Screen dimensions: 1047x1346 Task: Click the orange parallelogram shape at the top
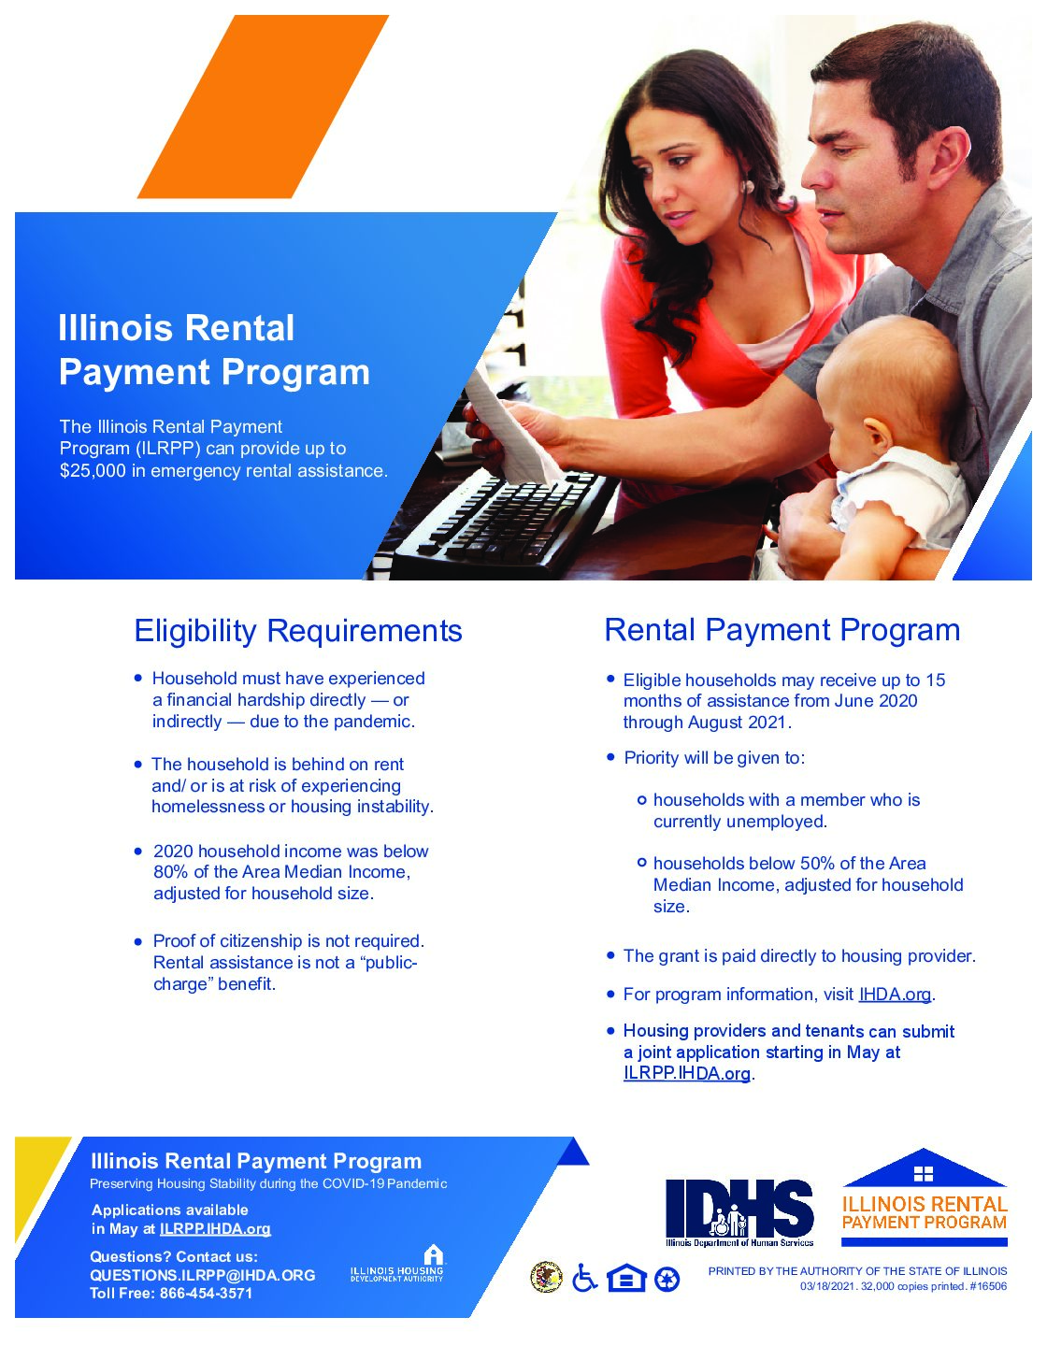tap(263, 107)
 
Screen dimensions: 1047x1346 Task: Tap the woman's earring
tap(748, 186)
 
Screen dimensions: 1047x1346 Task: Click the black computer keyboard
tap(503, 523)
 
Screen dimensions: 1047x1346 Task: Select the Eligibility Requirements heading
tap(298, 631)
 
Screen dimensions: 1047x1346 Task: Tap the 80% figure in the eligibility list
tap(170, 872)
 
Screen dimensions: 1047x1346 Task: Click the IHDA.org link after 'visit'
tap(895, 995)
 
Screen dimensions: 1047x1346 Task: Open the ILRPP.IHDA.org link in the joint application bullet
tap(686, 1073)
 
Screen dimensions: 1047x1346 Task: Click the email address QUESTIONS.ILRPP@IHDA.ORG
tap(203, 1275)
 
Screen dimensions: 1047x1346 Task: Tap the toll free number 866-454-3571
tap(207, 1294)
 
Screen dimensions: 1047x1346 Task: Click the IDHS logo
tap(739, 1212)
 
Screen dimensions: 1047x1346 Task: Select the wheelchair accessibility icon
tap(584, 1278)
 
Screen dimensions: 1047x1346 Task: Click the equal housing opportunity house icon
tap(625, 1278)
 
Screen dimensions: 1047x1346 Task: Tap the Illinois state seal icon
tap(547, 1278)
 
